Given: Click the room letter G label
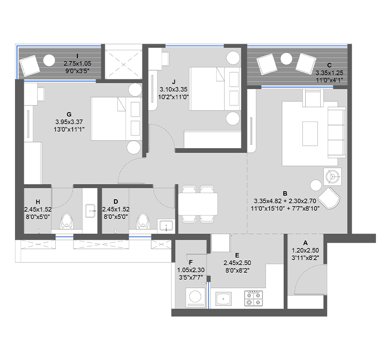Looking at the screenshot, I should pyautogui.click(x=69, y=114).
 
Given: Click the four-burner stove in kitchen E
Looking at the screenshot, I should pyautogui.click(x=253, y=298).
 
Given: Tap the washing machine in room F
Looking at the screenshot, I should pyautogui.click(x=194, y=297).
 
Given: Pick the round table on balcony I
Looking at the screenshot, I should pyautogui.click(x=49, y=60).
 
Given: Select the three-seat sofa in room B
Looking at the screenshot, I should pyautogui.click(x=336, y=133).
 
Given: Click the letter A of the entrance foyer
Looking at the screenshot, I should pyautogui.click(x=306, y=243).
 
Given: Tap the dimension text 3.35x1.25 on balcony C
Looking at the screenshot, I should pyautogui.click(x=330, y=73).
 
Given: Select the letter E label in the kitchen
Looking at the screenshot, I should pyautogui.click(x=237, y=255).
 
